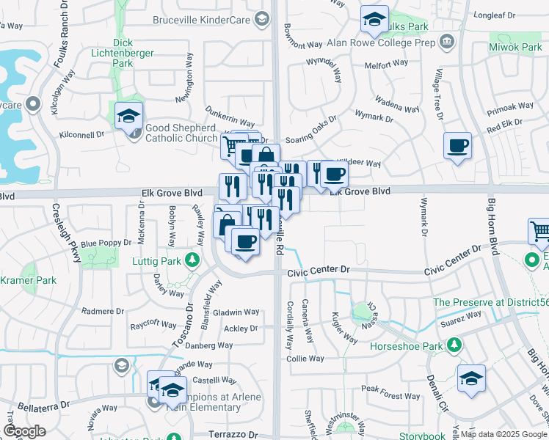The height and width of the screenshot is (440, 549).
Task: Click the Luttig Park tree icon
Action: [192, 260]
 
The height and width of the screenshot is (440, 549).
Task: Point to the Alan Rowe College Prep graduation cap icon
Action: [447, 41]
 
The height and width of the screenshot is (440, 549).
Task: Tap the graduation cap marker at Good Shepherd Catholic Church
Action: [128, 117]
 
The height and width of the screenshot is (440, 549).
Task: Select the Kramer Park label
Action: [28, 280]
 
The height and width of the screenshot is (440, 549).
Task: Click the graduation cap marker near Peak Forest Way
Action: [470, 378]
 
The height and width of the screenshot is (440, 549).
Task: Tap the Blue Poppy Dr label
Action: [106, 243]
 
